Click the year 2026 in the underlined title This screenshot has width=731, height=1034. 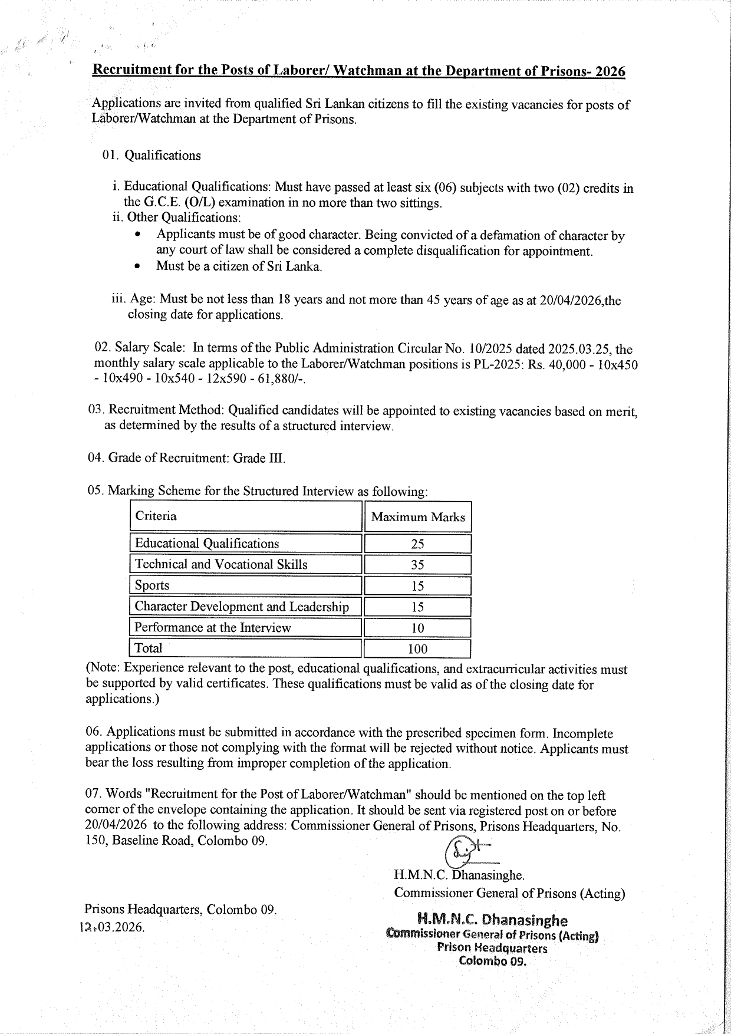(610, 71)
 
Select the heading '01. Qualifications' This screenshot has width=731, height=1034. (152, 156)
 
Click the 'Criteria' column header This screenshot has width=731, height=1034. (156, 516)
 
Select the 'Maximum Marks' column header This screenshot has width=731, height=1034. (418, 518)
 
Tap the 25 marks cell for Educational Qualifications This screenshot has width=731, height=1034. (417, 544)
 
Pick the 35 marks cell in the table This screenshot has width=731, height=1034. (417, 565)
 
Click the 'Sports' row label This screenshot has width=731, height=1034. (152, 585)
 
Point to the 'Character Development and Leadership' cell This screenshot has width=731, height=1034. (242, 607)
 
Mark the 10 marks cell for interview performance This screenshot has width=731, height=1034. (417, 628)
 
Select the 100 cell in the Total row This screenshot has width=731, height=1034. (417, 649)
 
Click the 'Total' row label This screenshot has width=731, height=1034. (149, 648)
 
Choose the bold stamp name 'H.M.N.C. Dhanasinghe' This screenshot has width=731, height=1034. (492, 920)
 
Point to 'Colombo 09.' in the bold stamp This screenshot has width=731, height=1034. (492, 961)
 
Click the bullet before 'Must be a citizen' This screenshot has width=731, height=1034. (137, 266)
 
